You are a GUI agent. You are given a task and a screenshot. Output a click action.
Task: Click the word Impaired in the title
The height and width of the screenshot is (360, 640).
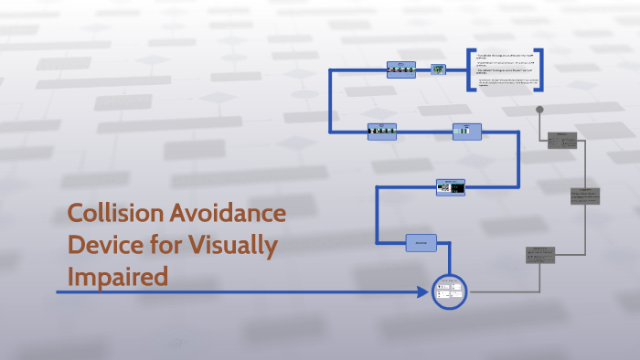coord(118,276)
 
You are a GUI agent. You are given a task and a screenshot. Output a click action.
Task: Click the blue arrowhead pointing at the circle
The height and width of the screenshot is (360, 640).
coord(423,292)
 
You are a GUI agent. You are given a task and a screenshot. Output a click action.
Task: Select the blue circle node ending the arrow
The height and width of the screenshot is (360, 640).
coord(449,291)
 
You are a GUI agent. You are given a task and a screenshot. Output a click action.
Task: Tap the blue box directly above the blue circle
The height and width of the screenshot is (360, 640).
coord(421,242)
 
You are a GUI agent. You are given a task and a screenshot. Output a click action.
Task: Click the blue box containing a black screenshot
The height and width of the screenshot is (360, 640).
coord(450,186)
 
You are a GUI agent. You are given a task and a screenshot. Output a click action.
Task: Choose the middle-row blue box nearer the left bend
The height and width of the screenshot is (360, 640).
coord(381,131)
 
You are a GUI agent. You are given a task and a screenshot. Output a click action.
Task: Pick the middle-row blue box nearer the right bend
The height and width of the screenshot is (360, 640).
coord(466,131)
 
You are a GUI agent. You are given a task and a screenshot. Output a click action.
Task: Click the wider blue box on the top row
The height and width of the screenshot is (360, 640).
coord(400,69)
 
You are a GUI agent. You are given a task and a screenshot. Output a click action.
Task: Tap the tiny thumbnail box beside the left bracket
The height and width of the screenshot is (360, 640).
coord(439,69)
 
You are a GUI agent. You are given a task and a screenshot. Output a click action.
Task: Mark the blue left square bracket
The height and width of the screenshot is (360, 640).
coord(470,69)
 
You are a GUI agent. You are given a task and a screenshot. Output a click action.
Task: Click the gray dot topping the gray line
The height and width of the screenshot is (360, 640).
coord(539,110)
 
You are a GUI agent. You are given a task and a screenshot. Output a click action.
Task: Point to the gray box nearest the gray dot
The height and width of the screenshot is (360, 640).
coord(562,140)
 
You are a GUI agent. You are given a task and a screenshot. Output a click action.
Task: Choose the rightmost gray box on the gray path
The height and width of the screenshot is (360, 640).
coord(585,196)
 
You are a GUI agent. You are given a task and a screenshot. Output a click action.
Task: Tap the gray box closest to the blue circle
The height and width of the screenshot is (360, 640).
coord(540,255)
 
